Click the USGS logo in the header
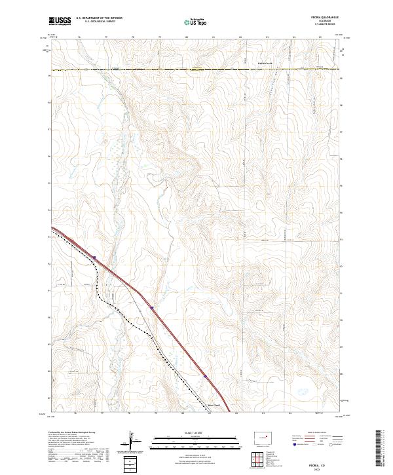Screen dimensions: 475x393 (x=60, y=21)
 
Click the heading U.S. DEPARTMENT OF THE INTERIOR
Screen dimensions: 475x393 (x=100, y=19)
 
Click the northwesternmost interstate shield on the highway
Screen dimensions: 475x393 (x=94, y=257)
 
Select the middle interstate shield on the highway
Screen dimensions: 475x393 (x=151, y=307)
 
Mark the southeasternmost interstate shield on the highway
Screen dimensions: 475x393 (x=205, y=377)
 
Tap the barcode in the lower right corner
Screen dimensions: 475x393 (x=380, y=451)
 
